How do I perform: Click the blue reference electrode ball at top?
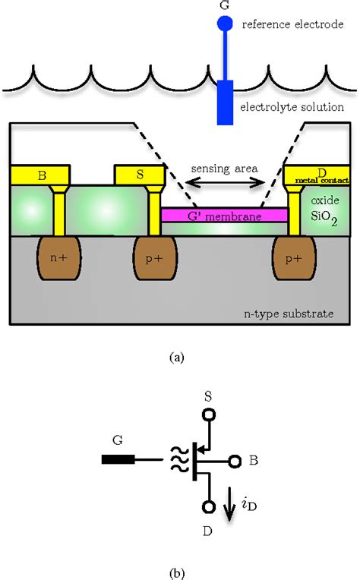(x=225, y=24)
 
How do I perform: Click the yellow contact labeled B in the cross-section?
(x=41, y=175)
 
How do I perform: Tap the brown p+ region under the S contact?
(x=155, y=258)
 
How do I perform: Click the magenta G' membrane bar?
(x=225, y=216)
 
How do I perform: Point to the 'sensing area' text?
(x=224, y=167)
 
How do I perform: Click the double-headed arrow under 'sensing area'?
(x=225, y=182)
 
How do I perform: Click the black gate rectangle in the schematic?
(x=118, y=460)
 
